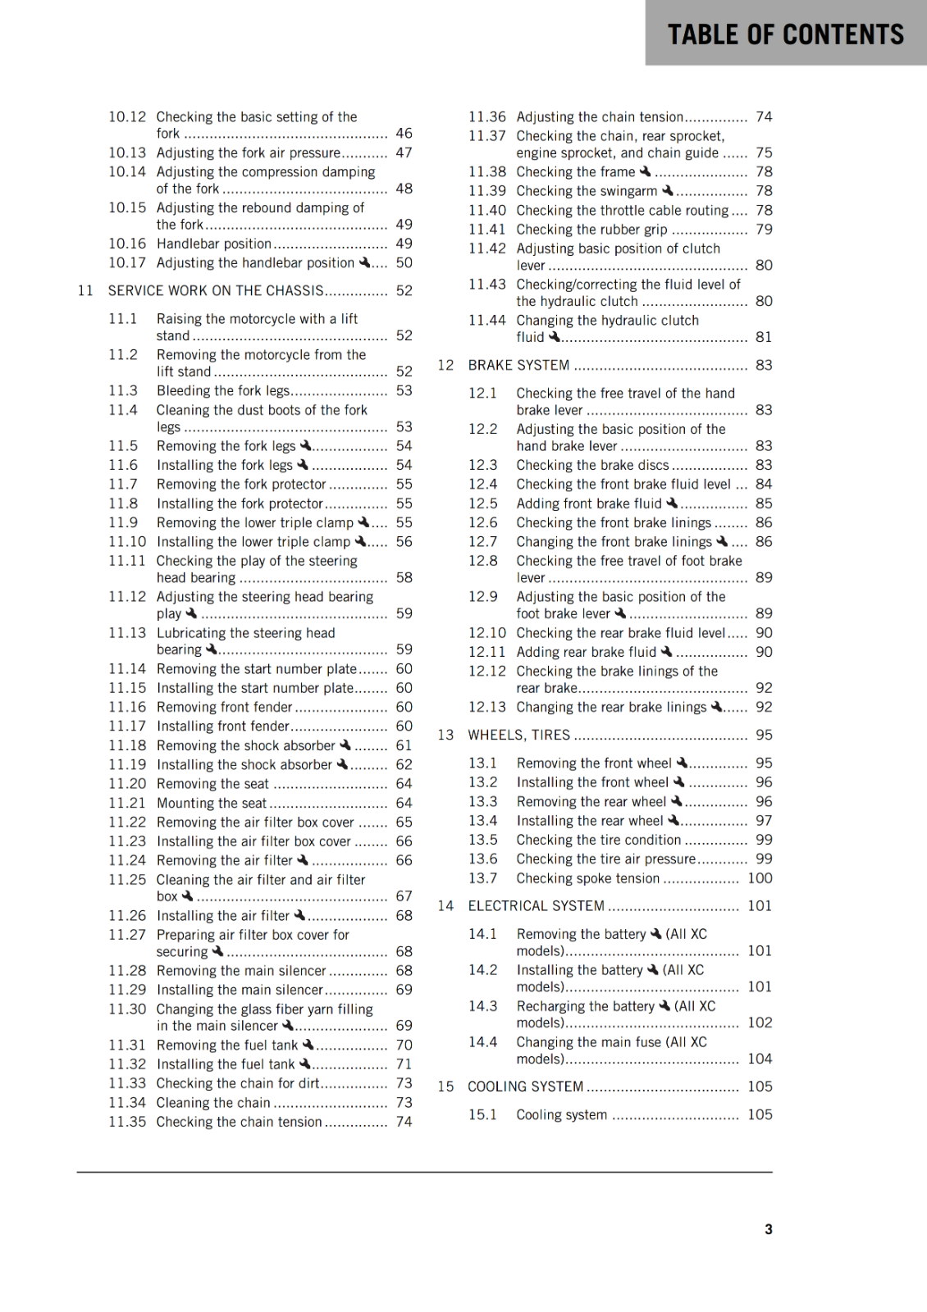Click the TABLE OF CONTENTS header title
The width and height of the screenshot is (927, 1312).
point(785,34)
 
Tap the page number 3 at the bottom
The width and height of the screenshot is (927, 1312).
point(769,1229)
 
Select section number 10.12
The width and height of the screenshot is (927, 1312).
point(127,117)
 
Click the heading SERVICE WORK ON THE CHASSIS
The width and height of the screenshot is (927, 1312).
point(217,291)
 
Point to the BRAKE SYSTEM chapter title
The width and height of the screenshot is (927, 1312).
point(518,366)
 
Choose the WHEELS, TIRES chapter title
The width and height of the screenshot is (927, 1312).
point(518,736)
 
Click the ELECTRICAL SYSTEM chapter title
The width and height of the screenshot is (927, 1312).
point(536,906)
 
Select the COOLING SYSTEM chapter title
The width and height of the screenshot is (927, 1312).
point(525,1087)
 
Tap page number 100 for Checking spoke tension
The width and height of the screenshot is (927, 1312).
point(760,878)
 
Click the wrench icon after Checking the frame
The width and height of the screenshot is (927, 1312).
point(645,171)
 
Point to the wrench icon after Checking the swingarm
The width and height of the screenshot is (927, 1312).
point(667,190)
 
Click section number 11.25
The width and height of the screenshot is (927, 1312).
point(127,880)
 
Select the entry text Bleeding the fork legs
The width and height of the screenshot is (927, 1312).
point(223,391)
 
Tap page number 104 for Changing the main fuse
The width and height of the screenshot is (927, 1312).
point(760,1059)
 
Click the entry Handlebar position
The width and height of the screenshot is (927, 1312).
point(213,244)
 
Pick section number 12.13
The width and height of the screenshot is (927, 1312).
point(487,708)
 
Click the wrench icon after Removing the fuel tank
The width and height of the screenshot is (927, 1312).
point(308,1045)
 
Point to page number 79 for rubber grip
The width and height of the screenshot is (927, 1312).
point(764,230)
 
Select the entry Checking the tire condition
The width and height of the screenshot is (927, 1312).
point(598,840)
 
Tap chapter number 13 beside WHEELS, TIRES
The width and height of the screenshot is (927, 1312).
point(445,736)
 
